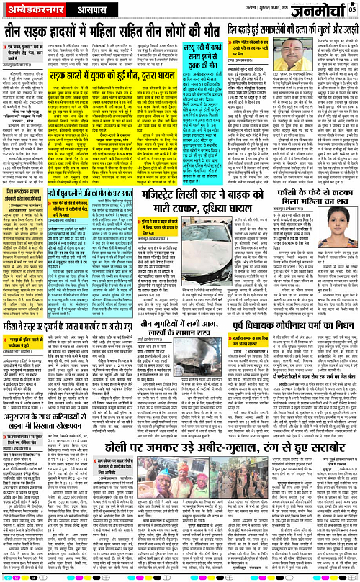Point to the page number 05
click(x=352, y=6)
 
